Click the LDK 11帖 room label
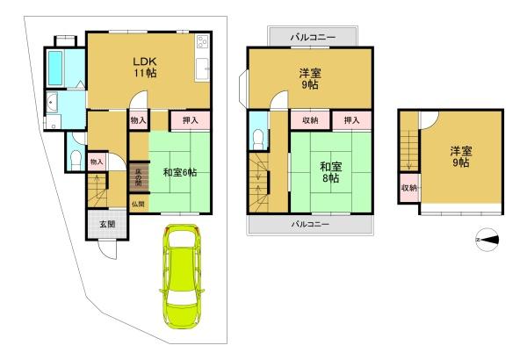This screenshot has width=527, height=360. (145, 67)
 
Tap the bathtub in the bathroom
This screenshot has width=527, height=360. (55, 68)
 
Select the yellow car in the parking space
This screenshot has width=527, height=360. (182, 277)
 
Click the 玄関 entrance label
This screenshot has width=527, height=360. (107, 224)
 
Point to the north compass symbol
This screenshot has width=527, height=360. (487, 240)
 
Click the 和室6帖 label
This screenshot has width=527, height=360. (180, 172)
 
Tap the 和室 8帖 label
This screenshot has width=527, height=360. (331, 172)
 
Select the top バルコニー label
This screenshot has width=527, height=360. (313, 37)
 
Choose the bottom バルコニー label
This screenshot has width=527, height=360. (310, 224)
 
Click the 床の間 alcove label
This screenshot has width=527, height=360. (139, 178)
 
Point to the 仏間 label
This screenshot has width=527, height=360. (138, 204)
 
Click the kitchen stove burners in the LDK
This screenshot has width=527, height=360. (202, 42)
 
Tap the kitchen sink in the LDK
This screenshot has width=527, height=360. (202, 69)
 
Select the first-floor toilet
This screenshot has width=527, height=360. (76, 159)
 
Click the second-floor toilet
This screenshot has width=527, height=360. (258, 139)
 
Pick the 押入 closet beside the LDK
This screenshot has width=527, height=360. (191, 120)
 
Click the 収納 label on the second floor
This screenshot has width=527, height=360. (310, 120)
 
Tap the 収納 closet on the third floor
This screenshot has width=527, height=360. (409, 188)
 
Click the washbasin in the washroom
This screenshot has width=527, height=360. (52, 103)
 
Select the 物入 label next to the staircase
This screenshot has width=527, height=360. (97, 162)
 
